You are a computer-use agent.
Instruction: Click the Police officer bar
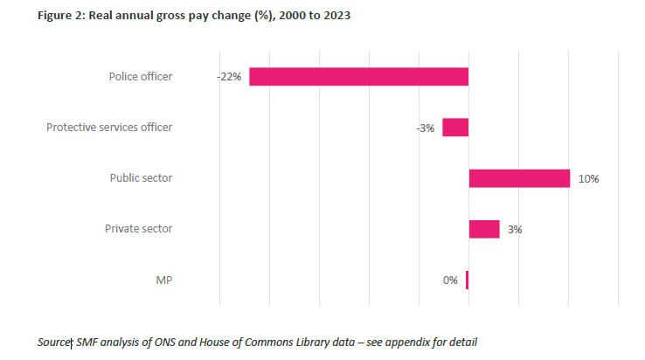coord(358,76)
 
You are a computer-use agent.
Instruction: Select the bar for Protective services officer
coord(455,128)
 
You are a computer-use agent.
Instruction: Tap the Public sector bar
coord(519,178)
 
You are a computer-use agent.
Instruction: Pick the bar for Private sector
coord(484,229)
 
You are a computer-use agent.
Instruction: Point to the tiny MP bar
coord(468,280)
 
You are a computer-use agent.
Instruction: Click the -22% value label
coord(229,77)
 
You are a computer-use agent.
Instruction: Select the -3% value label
coord(425,128)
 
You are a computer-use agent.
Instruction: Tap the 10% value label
coord(587,179)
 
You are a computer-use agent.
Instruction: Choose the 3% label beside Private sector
coord(515,230)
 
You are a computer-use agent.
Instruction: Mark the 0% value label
coord(450,280)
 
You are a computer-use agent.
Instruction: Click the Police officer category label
coord(141,77)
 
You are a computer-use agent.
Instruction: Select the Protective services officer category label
coord(109,128)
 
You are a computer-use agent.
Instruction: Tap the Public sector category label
coord(141,178)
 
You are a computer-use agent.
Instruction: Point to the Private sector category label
coord(139,229)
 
